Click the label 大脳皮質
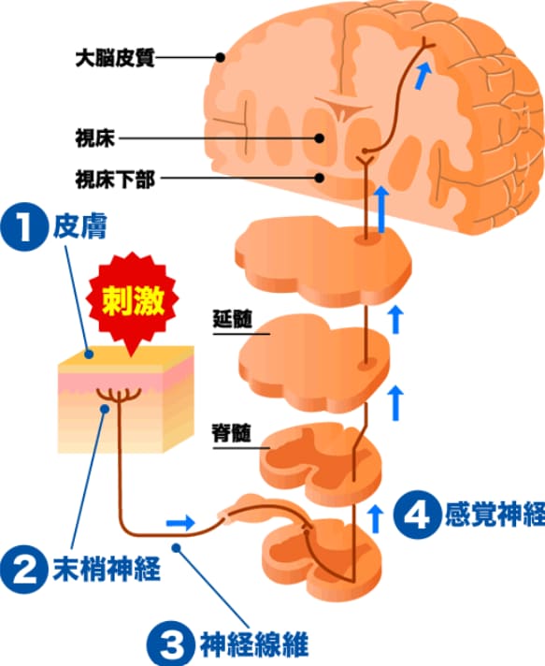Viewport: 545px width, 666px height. (x=115, y=58)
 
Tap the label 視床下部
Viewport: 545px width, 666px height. (x=115, y=179)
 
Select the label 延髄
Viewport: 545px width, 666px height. (x=232, y=320)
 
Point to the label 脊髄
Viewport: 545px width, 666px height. (x=232, y=433)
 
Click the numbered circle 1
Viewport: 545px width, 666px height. (x=24, y=228)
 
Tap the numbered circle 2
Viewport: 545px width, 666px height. (x=24, y=569)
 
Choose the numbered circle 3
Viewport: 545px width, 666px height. (x=171, y=643)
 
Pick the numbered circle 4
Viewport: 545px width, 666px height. (x=417, y=514)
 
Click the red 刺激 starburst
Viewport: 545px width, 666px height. (x=133, y=301)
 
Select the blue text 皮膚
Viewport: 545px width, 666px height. (x=79, y=226)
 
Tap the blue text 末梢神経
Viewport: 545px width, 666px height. (x=107, y=569)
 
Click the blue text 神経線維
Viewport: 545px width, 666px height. (x=254, y=644)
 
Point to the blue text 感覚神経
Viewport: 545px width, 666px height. (x=495, y=514)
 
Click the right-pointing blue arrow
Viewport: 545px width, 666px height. (x=180, y=523)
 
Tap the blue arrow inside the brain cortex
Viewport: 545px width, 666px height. (x=423, y=76)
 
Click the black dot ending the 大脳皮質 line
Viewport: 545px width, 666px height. (x=220, y=57)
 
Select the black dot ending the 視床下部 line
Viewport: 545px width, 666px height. (x=320, y=178)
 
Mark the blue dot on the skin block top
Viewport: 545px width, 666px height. (x=89, y=355)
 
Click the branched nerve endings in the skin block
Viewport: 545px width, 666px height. (x=120, y=395)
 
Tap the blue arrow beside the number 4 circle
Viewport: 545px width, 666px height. (x=375, y=518)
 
